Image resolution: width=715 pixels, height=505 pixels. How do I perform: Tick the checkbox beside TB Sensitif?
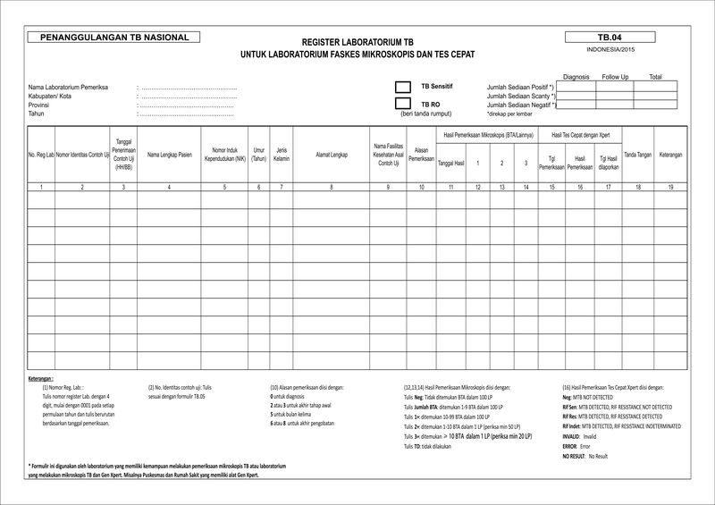click(x=402, y=88)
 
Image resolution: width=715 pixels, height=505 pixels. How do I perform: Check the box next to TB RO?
click(x=402, y=104)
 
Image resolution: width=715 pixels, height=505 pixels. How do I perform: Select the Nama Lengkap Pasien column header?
click(x=169, y=155)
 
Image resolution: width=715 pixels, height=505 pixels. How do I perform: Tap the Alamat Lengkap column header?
click(x=332, y=155)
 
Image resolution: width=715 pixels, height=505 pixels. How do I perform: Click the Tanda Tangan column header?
click(x=637, y=155)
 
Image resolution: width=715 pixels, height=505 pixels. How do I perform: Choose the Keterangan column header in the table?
click(x=671, y=155)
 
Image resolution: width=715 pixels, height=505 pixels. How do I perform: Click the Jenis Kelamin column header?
click(x=282, y=155)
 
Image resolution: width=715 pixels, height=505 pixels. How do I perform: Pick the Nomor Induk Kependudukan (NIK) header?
click(x=224, y=155)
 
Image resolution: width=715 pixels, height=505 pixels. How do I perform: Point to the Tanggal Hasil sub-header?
click(x=451, y=164)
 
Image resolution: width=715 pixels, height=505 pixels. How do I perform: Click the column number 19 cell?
click(x=671, y=187)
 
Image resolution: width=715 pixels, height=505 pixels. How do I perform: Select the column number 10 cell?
click(x=421, y=187)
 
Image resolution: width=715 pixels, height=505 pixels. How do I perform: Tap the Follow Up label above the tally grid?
click(x=616, y=77)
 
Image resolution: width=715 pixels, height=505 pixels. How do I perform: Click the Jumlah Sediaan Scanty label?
click(x=520, y=96)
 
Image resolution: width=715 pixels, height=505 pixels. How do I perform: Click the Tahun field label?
click(x=36, y=114)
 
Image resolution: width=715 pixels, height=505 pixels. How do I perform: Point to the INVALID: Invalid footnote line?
click(x=579, y=436)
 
